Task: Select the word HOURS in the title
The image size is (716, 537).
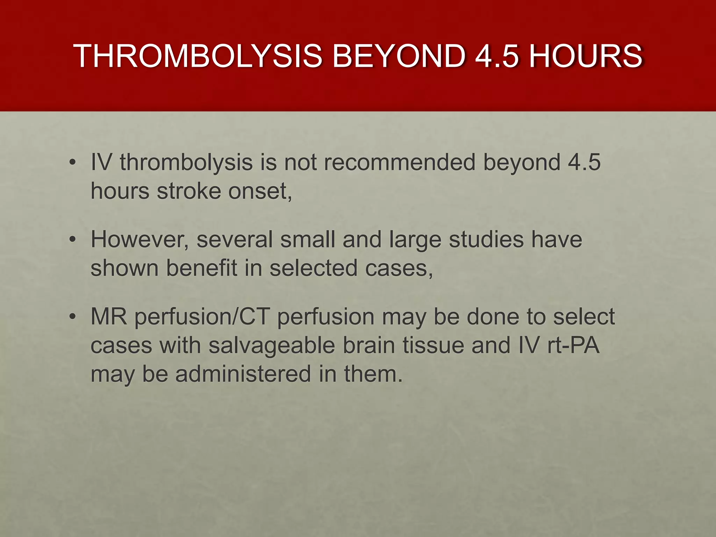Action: click(x=585, y=56)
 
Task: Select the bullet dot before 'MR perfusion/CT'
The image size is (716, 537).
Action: click(x=72, y=317)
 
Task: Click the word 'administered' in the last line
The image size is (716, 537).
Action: click(x=243, y=374)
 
